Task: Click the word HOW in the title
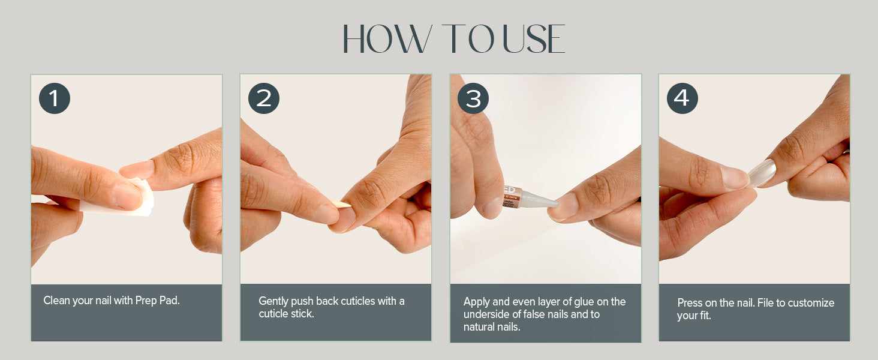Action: (387, 38)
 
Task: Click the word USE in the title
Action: (534, 38)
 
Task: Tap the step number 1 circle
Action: (55, 98)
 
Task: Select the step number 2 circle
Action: (264, 98)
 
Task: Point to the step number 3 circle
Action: (473, 98)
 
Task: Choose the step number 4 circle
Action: (682, 98)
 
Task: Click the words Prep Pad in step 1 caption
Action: (157, 301)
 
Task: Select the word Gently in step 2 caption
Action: (273, 301)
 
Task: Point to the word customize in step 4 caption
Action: (811, 303)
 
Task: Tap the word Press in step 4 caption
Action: (690, 303)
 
